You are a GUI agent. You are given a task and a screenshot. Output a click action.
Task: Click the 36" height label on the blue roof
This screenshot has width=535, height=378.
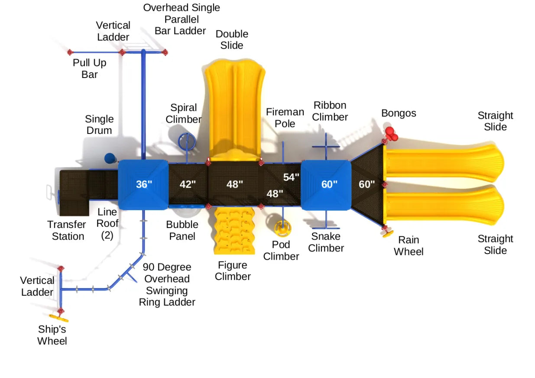[x=144, y=184]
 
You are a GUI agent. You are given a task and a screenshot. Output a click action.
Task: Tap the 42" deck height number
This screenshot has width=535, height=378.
[x=188, y=184]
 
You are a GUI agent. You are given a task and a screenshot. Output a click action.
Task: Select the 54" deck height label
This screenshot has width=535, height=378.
[x=291, y=177]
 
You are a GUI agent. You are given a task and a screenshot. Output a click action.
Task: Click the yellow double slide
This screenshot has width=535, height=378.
[x=234, y=108]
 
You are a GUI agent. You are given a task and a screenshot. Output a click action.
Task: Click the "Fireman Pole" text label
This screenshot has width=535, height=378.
[x=285, y=117]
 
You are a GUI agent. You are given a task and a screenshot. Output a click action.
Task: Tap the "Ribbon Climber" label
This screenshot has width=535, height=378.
[x=330, y=111]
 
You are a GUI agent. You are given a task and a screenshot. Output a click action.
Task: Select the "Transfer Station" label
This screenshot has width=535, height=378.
[x=68, y=230]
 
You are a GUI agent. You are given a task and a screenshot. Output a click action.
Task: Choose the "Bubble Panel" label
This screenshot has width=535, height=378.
[x=182, y=230]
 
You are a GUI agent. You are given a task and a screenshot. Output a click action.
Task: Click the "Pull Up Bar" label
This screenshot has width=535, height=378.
[x=89, y=68]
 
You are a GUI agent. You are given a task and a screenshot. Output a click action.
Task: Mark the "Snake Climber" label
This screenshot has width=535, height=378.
[x=326, y=242]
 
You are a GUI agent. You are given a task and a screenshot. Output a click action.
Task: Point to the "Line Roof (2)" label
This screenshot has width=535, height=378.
[x=107, y=224]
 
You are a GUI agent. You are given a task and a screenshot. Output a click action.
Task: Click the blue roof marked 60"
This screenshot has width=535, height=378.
[x=326, y=185]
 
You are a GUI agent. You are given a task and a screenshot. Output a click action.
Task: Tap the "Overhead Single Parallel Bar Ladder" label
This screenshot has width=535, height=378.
[x=181, y=19]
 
